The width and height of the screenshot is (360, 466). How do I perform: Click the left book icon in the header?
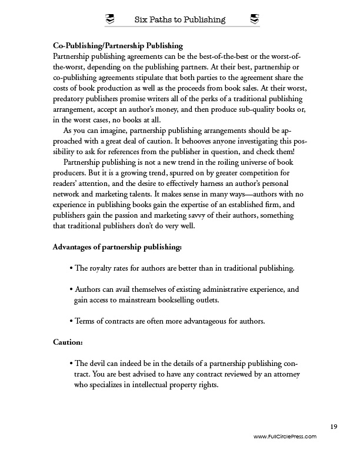[109, 19]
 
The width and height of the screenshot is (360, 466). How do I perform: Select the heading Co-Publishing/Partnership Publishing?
[118, 45]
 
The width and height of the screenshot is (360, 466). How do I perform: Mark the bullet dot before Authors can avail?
[71, 289]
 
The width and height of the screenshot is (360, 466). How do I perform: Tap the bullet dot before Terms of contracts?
[71, 321]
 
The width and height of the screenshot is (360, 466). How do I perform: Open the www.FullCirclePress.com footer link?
[285, 437]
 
